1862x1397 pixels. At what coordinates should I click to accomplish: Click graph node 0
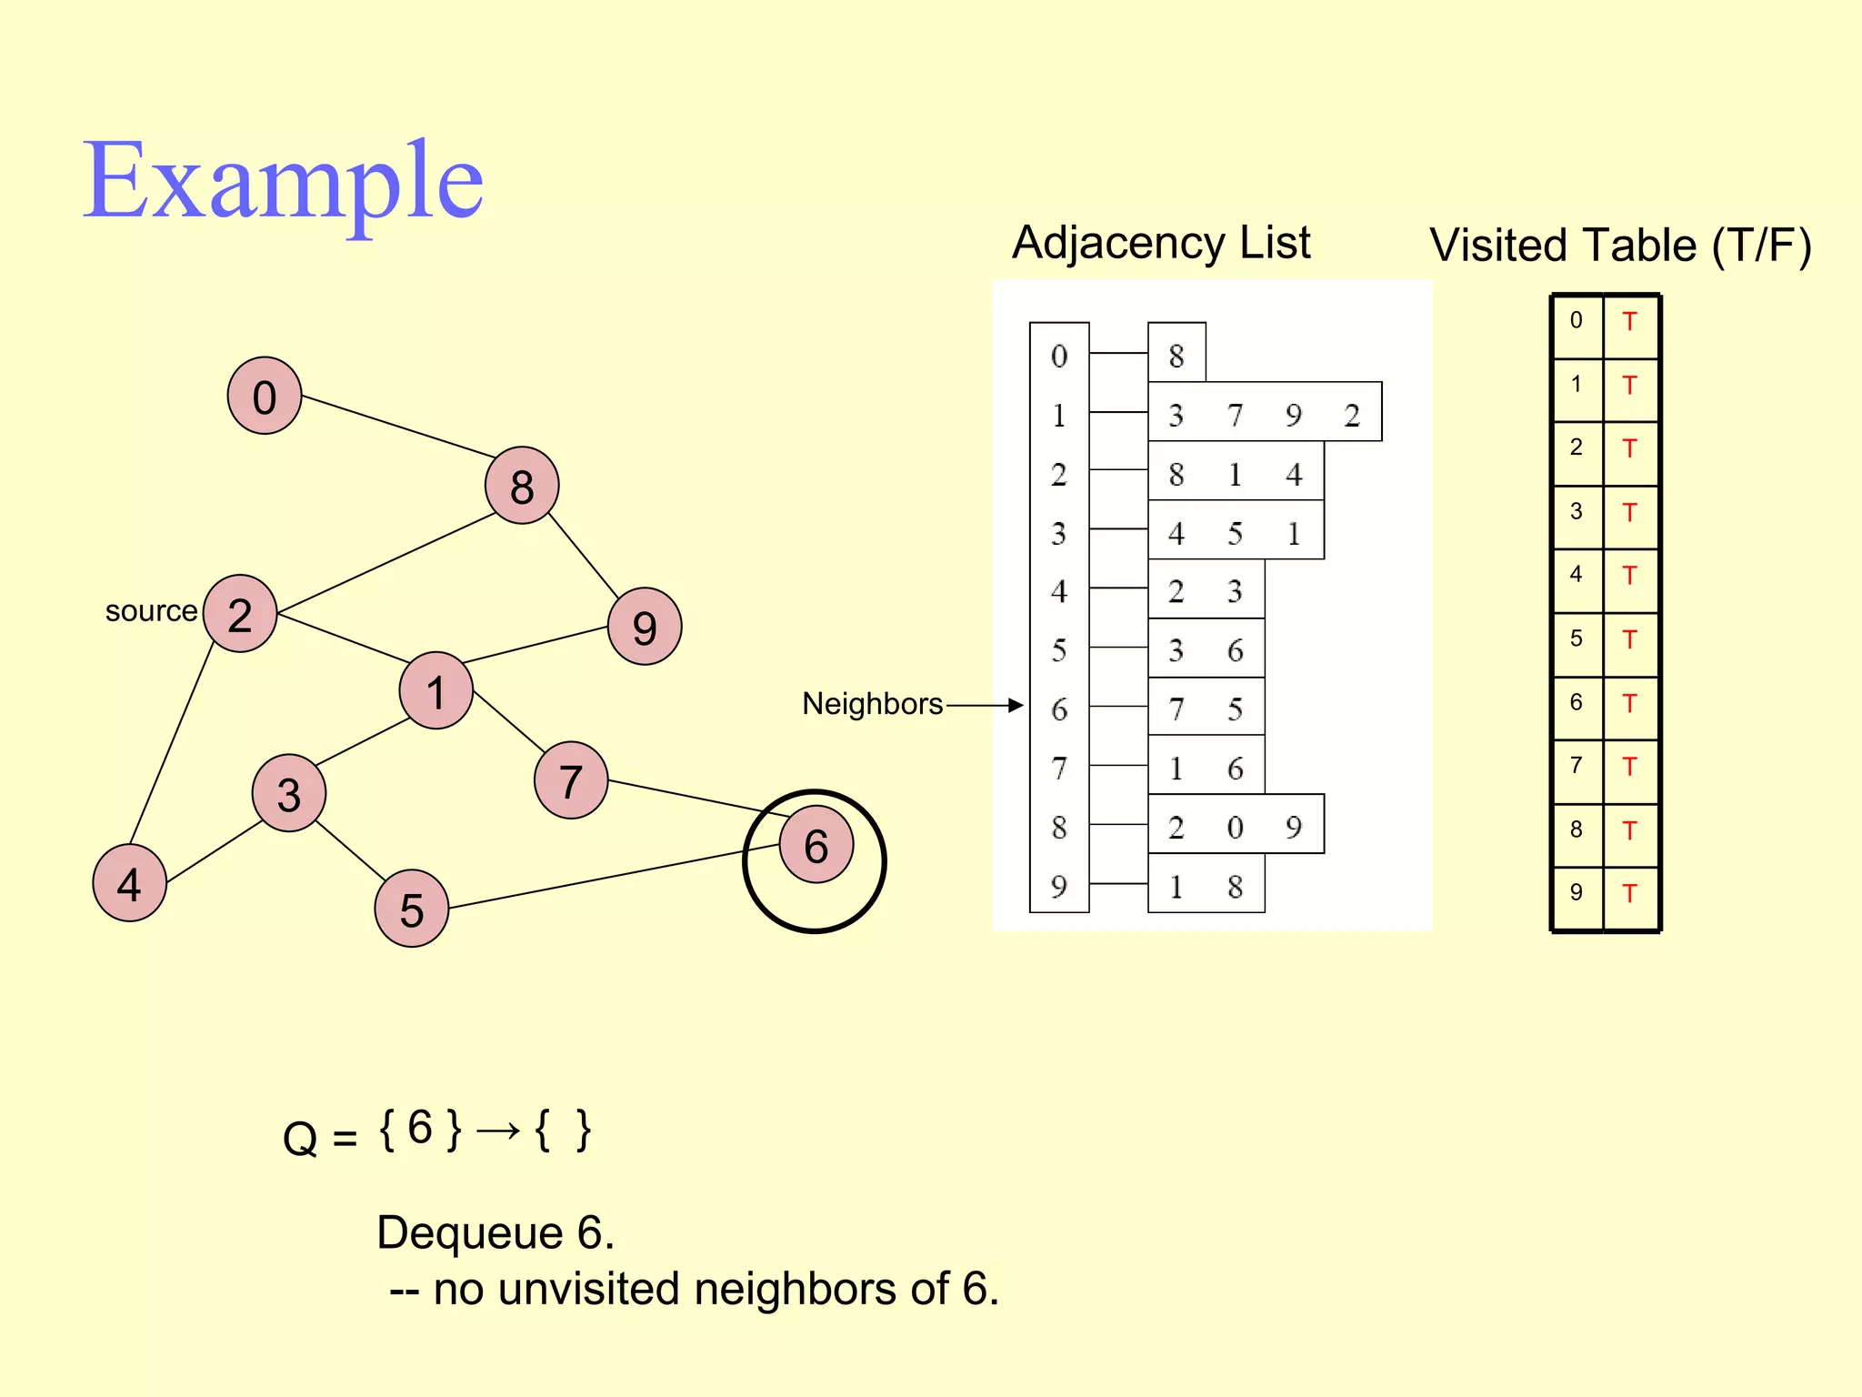(x=265, y=396)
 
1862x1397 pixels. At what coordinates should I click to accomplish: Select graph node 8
(x=522, y=486)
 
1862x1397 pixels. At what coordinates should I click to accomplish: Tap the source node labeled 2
(x=240, y=614)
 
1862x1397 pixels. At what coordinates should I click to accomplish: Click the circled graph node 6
(x=816, y=845)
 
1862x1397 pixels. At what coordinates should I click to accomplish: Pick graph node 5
(x=412, y=909)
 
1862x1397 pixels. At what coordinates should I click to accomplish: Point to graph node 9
(x=645, y=627)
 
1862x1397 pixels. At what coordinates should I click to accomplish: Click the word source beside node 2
(x=151, y=611)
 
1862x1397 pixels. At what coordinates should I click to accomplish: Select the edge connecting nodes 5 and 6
(x=614, y=877)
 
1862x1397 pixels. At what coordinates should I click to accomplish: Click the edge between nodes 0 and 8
(x=397, y=426)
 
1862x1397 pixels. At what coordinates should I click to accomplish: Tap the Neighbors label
(x=872, y=704)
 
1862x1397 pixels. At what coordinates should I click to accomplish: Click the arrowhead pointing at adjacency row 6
(x=1016, y=705)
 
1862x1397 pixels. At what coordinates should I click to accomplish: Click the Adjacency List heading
(x=1161, y=243)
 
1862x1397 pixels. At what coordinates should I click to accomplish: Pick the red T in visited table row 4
(x=1629, y=576)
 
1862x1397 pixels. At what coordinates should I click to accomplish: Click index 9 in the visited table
(x=1576, y=892)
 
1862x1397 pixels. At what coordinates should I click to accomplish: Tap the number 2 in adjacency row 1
(x=1352, y=416)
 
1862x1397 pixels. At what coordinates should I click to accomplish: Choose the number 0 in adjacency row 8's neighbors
(x=1235, y=828)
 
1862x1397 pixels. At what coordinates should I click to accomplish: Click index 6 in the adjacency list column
(x=1059, y=709)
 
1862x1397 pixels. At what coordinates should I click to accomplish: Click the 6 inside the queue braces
(x=419, y=1128)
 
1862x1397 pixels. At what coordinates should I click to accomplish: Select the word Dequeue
(x=470, y=1233)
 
